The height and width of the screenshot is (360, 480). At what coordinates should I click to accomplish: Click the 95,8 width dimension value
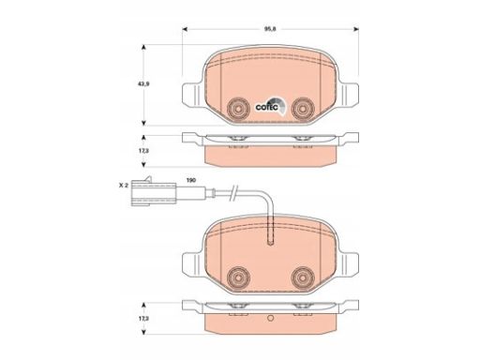tap(270, 29)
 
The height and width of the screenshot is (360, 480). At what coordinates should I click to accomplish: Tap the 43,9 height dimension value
tap(143, 84)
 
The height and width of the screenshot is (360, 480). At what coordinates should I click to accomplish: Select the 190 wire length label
tap(191, 180)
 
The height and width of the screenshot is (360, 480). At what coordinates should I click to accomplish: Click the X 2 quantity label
tap(124, 186)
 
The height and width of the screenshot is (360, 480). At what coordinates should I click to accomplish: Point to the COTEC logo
tap(270, 106)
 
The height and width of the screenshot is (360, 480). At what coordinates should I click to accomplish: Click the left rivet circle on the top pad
tap(238, 109)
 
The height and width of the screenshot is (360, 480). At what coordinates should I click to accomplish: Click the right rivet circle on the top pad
tap(303, 109)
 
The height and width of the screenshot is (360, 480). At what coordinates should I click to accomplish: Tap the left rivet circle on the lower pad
tap(238, 277)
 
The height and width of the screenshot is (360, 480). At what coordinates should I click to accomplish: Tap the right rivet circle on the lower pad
tap(303, 277)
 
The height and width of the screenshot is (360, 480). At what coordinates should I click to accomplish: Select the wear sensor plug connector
tap(154, 192)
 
